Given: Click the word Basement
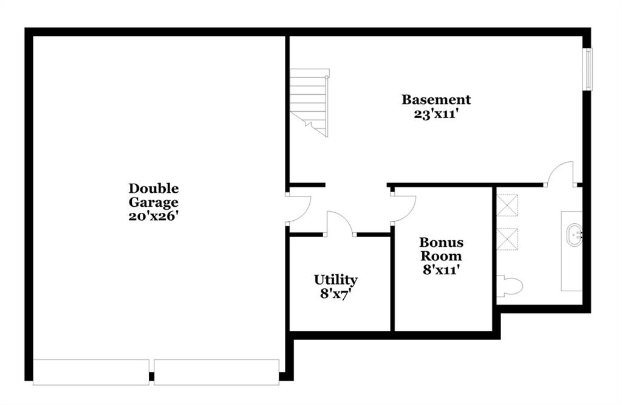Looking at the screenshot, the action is [436, 99].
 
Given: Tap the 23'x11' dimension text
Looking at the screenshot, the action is [436, 114].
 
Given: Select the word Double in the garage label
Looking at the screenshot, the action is [154, 188].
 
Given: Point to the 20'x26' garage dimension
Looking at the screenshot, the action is [154, 216].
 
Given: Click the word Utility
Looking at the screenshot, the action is [335, 280].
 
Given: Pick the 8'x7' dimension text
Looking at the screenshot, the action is [335, 294].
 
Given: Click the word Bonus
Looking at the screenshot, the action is [441, 242].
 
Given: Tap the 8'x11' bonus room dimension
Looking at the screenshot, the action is [441, 270].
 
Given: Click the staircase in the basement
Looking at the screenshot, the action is [309, 103].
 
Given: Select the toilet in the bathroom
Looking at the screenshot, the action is [510, 286].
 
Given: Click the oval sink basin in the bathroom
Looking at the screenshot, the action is [572, 235].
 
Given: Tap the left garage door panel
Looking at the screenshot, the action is [91, 372].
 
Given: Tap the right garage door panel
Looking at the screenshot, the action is [217, 372].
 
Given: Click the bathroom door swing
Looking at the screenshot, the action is [560, 173].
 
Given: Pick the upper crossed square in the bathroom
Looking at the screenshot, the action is [507, 206].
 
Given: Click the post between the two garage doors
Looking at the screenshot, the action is [151, 376].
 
